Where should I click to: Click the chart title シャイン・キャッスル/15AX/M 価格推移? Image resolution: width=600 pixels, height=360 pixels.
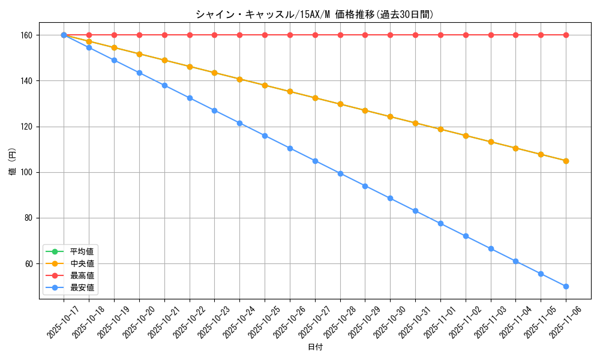[x=314, y=14]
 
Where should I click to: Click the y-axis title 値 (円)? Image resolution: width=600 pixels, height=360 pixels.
[x=13, y=162]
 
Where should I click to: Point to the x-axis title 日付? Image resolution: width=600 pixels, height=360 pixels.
[x=314, y=347]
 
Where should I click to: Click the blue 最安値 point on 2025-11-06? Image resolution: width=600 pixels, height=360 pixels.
[x=566, y=286]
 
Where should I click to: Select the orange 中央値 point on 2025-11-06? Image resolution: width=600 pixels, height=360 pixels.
[x=566, y=161]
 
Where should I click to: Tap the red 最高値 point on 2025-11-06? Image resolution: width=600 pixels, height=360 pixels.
[x=566, y=35]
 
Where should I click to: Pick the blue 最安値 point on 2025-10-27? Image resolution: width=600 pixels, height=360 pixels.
[x=315, y=161]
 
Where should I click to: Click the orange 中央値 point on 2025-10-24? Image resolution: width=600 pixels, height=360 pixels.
[x=239, y=79]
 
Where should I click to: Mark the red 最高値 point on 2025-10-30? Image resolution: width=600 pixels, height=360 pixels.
[x=390, y=35]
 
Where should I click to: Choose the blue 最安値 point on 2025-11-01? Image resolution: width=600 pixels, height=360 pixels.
[x=440, y=223]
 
